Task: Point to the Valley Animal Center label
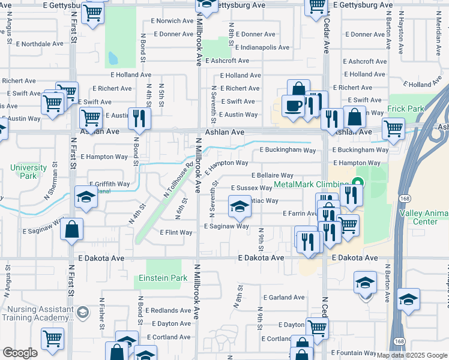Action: click(x=425, y=217)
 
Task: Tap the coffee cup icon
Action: click(x=293, y=106)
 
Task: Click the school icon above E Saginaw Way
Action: click(x=240, y=207)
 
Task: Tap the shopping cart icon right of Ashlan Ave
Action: click(x=393, y=128)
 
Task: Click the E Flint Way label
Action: click(x=176, y=232)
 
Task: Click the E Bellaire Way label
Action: click(x=271, y=175)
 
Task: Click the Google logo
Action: click(x=20, y=353)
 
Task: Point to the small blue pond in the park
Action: click(x=112, y=58)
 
